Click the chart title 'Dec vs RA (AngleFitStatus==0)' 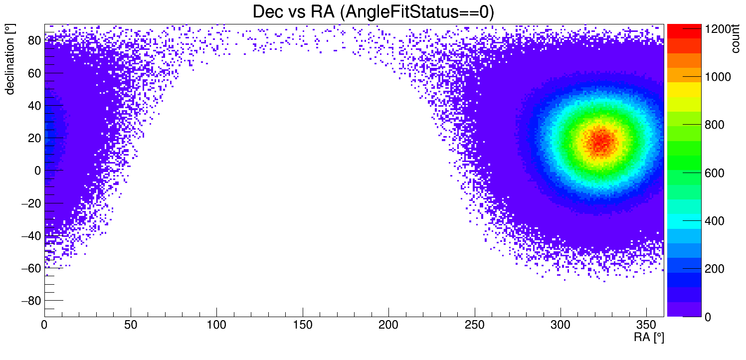point(373,12)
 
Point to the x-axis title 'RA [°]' point(649,338)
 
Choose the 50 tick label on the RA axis point(131,326)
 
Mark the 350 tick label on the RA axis point(647,326)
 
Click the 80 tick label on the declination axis point(34,41)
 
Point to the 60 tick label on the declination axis point(34,73)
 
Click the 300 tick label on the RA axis point(560,326)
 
